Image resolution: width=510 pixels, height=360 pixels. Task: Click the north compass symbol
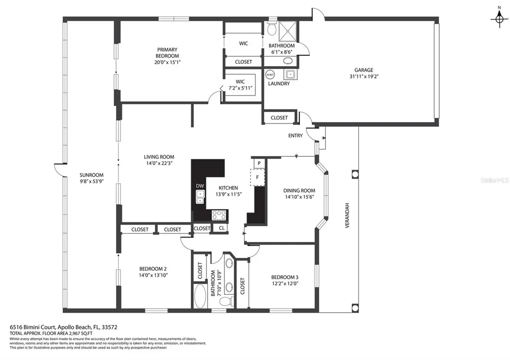click(x=499, y=19)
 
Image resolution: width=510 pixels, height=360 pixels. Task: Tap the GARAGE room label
click(x=363, y=70)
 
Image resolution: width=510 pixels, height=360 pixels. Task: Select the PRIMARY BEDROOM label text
click(x=167, y=53)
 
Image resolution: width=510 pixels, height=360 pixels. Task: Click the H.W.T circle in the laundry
click(x=270, y=75)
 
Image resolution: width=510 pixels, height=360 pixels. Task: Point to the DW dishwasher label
click(x=199, y=186)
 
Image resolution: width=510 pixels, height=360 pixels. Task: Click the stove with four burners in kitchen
click(x=219, y=215)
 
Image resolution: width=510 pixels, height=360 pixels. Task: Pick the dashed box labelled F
click(x=257, y=177)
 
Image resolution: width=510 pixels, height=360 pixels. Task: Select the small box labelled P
click(x=259, y=163)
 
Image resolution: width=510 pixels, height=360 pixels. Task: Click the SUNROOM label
click(x=91, y=175)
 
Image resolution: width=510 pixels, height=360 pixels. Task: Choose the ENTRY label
click(x=295, y=135)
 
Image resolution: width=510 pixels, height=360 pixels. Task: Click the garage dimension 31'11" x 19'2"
click(x=363, y=77)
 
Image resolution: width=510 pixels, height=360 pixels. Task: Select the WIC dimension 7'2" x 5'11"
click(x=241, y=88)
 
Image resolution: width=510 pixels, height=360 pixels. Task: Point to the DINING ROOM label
click(x=299, y=190)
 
